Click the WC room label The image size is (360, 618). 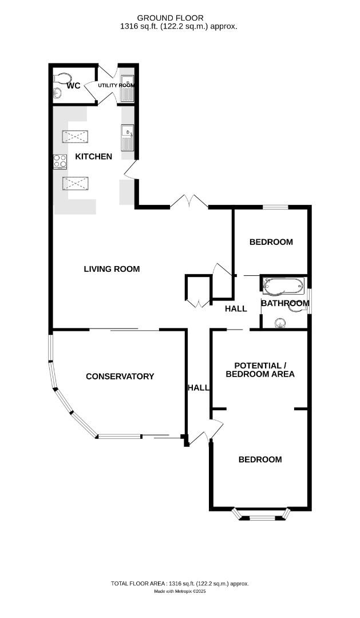click(73, 86)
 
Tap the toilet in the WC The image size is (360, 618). click(63, 77)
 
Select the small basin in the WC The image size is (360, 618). click(57, 94)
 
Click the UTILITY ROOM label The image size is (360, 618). click(116, 85)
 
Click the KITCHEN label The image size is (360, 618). click(89, 156)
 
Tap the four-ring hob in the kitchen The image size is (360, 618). click(60, 162)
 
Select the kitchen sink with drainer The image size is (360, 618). click(126, 137)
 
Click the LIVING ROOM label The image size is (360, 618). click(112, 269)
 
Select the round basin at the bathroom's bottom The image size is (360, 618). click(280, 323)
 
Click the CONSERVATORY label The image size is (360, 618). click(120, 377)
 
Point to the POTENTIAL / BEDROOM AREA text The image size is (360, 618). click(260, 370)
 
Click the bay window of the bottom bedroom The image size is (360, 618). click(260, 517)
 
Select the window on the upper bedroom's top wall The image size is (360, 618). click(275, 207)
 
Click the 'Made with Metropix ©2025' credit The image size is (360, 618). click(180, 592)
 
